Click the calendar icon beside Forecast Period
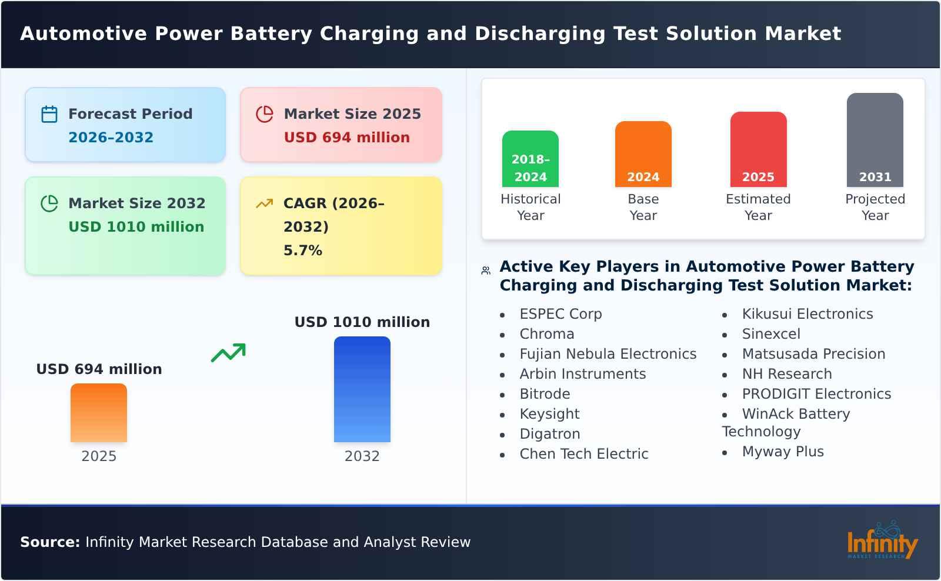(x=49, y=114)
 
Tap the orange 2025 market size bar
(x=99, y=413)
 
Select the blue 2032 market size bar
(x=362, y=389)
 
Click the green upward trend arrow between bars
(x=229, y=353)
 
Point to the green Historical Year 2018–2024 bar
(x=530, y=159)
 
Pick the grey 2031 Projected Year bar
(x=875, y=140)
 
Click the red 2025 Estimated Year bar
(x=758, y=149)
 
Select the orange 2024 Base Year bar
(x=643, y=154)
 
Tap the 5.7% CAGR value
(x=303, y=251)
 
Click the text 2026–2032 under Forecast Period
(x=111, y=138)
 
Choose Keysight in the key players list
(x=549, y=414)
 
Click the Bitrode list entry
(x=545, y=394)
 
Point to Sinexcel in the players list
(x=770, y=334)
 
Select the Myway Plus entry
(x=782, y=452)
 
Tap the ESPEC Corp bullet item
(x=560, y=314)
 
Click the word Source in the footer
(x=49, y=542)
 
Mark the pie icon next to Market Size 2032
(x=49, y=203)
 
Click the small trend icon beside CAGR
(x=264, y=203)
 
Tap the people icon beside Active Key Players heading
(x=486, y=271)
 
